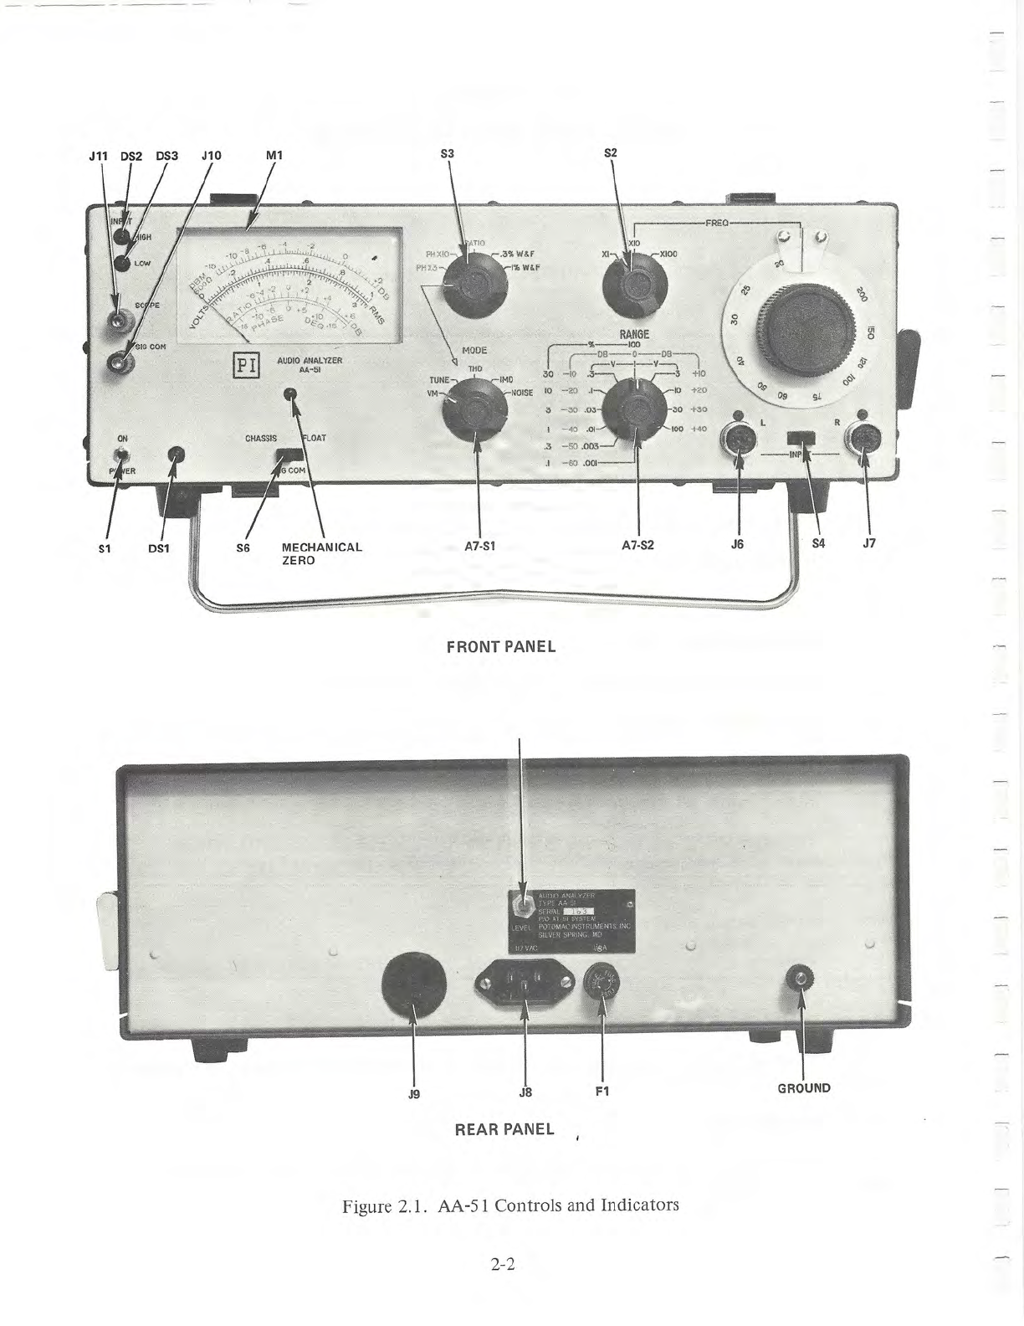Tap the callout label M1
[274, 155]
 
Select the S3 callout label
[448, 154]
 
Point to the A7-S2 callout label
[637, 544]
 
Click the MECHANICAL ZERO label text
[321, 553]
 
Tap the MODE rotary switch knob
[474, 413]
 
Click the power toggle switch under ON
[123, 455]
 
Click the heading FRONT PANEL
[501, 647]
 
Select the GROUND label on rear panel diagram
[804, 1088]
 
